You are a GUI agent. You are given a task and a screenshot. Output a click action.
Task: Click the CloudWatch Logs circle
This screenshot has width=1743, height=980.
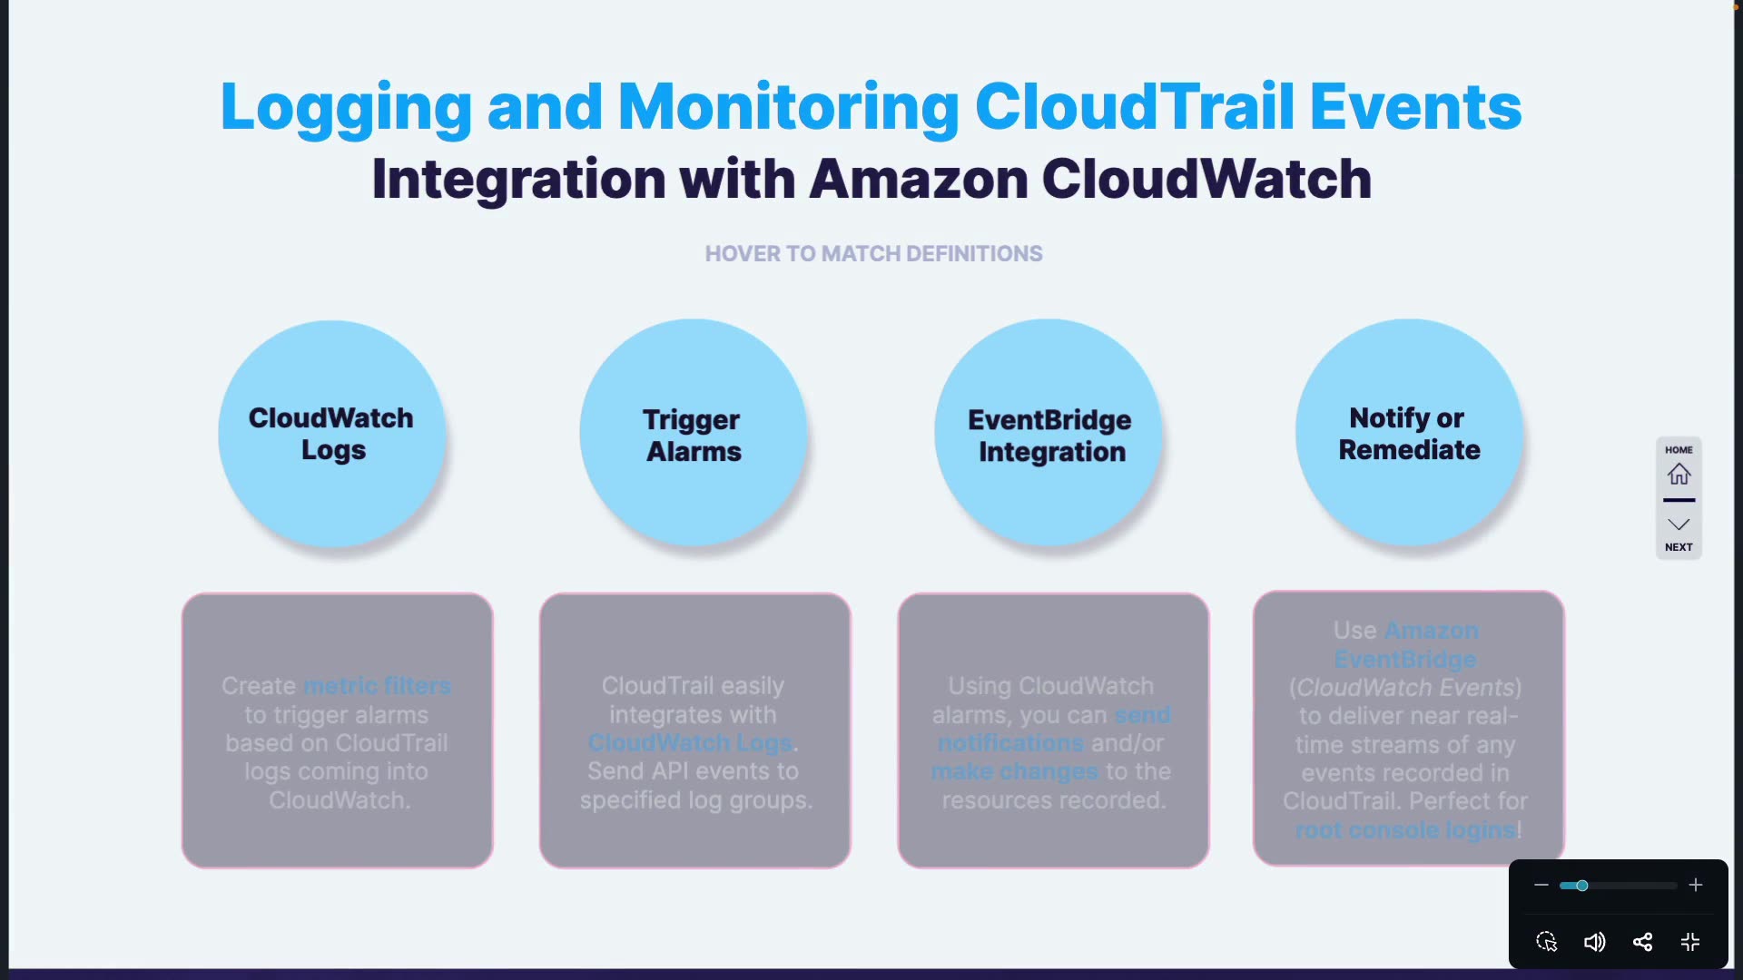pyautogui.click(x=332, y=434)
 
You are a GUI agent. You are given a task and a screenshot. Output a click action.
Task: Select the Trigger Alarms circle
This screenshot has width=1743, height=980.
pyautogui.click(x=694, y=434)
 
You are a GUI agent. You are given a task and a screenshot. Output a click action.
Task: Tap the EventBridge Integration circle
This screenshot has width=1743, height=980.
pyautogui.click(x=1049, y=434)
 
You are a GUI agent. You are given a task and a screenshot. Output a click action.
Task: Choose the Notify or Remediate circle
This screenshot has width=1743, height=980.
pyautogui.click(x=1409, y=433)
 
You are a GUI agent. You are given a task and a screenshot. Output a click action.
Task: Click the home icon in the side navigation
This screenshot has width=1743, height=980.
pyautogui.click(x=1679, y=474)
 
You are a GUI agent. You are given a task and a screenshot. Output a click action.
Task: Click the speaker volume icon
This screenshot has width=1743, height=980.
pyautogui.click(x=1594, y=942)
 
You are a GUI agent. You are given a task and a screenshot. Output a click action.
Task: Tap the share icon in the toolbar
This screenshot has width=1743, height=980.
pyautogui.click(x=1642, y=942)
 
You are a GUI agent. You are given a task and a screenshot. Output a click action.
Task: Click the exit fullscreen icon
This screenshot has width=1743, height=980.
pyautogui.click(x=1690, y=942)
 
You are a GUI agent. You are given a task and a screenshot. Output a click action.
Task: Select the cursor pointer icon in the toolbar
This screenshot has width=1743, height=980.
pyautogui.click(x=1547, y=942)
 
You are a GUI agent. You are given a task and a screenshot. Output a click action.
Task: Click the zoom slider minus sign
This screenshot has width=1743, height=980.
pyautogui.click(x=1541, y=885)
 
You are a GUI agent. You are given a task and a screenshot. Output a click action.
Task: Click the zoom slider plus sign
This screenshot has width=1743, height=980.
pyautogui.click(x=1696, y=885)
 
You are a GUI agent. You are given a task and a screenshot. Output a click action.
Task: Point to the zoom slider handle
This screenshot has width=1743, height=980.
pyautogui.click(x=1582, y=886)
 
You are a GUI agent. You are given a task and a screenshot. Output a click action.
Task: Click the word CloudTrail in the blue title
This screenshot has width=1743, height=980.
pyautogui.click(x=1134, y=106)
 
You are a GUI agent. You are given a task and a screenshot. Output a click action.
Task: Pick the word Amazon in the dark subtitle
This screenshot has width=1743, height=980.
pyautogui.click(x=918, y=179)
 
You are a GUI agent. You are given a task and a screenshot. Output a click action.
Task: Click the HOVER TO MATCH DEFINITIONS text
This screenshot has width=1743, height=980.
pyautogui.click(x=873, y=254)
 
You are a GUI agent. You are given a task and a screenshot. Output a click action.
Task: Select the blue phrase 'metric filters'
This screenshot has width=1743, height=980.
pyautogui.click(x=377, y=686)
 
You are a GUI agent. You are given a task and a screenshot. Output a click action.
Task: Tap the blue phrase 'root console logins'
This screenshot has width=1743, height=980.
pyautogui.click(x=1405, y=829)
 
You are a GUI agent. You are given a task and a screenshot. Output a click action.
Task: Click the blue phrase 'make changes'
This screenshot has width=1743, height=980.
pyautogui.click(x=1014, y=772)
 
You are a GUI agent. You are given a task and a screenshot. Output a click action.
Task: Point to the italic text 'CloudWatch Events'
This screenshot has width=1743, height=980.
pyautogui.click(x=1405, y=688)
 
